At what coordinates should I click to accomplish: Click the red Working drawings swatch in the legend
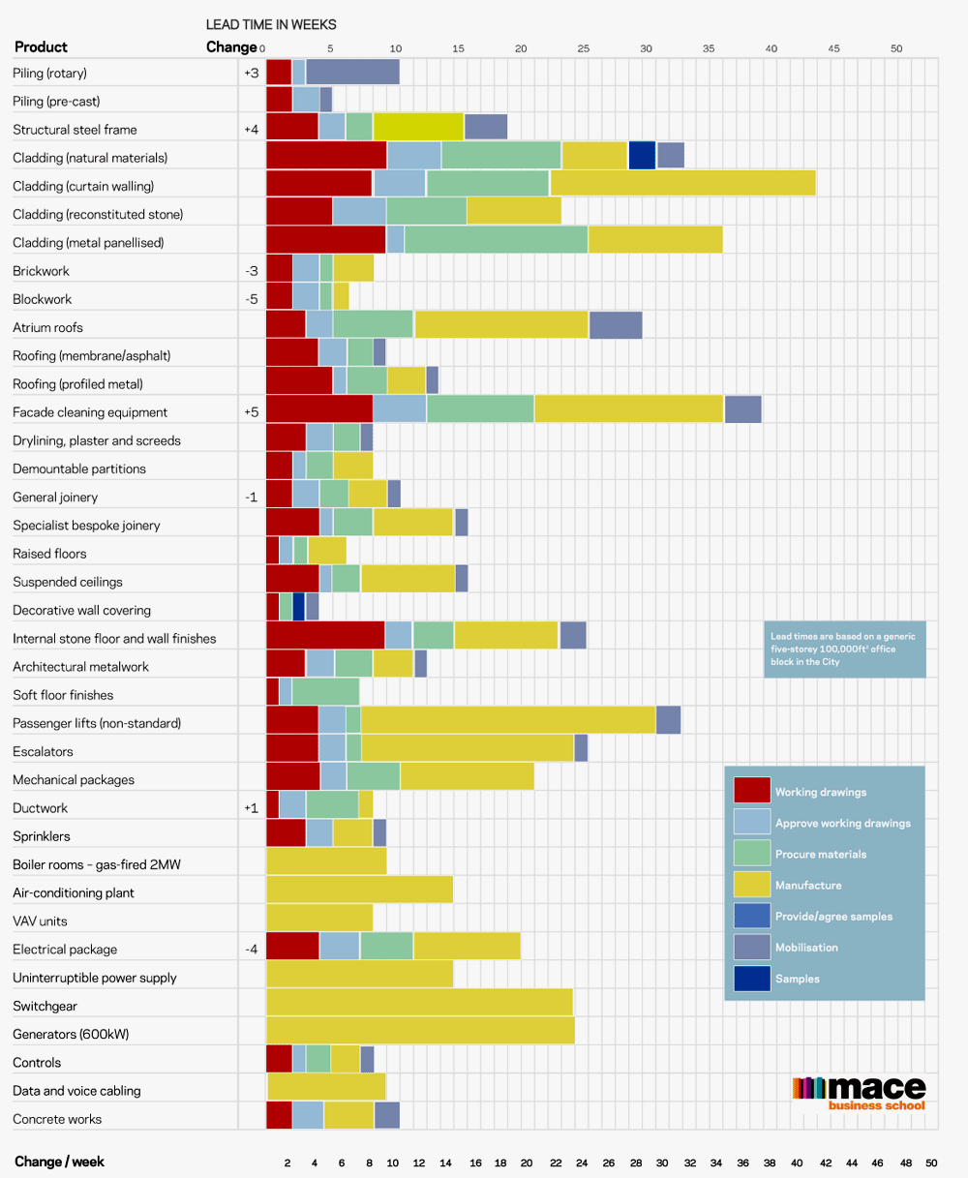[x=752, y=791]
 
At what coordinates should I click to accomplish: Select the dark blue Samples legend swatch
[x=752, y=979]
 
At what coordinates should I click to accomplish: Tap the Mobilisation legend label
[x=806, y=948]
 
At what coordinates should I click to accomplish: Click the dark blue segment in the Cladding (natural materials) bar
[x=642, y=156]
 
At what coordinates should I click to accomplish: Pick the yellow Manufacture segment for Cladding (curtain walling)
[x=682, y=184]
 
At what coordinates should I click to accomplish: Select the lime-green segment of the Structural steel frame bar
[x=418, y=128]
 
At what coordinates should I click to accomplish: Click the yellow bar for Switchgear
[x=419, y=1006]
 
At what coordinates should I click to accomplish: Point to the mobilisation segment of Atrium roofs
[x=616, y=326]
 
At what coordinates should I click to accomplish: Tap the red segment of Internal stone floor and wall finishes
[x=325, y=636]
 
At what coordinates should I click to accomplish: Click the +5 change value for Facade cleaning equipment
[x=251, y=412]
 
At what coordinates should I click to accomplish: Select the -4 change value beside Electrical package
[x=252, y=950]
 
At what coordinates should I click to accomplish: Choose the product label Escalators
[x=43, y=751]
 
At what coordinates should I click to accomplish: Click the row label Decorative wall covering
[x=81, y=611]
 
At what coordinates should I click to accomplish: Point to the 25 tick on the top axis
[x=583, y=48]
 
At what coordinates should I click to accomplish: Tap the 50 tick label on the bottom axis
[x=931, y=1163]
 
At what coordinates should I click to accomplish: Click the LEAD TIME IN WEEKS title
[x=271, y=24]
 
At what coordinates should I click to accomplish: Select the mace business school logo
[x=859, y=1093]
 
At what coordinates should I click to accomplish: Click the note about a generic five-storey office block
[x=844, y=649]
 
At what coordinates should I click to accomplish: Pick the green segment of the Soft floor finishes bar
[x=325, y=692]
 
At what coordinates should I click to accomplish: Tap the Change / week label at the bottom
[x=59, y=1162]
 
